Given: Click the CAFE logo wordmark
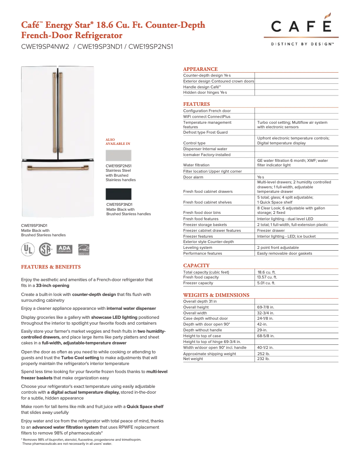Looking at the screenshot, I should tap(301, 26).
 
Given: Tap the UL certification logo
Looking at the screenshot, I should tap(28, 249).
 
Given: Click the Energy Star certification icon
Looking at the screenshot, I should tap(84, 249).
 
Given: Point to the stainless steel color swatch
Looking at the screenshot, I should tap(119, 156).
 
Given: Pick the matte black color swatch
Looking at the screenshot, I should tap(119, 194).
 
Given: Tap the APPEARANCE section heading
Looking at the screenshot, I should tap(200, 69).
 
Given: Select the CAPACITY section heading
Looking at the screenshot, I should tap(196, 265).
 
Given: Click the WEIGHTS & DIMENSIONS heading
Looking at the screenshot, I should tap(216, 295).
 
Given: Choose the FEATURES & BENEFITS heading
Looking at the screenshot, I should tap(51, 267).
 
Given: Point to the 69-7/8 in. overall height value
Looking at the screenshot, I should tap(266, 307).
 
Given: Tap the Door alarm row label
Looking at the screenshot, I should tap(193, 177).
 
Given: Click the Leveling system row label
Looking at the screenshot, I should tap(198, 248).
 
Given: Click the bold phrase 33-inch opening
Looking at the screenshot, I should tap(53, 286).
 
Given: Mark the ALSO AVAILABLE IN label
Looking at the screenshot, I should tap(118, 142).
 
